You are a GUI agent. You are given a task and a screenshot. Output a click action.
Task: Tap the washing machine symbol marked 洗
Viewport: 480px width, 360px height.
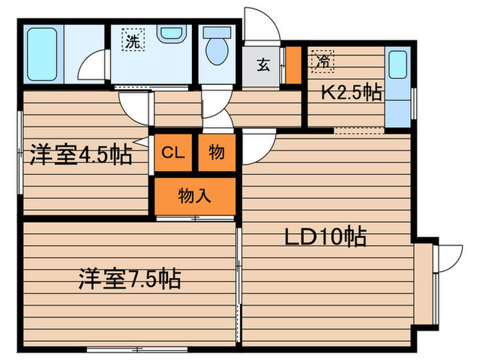point(133,40)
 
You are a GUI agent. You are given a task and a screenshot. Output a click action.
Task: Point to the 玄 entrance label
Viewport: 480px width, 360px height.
point(263,66)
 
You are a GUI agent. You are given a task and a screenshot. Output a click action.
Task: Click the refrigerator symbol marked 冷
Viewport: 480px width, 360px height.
point(322,61)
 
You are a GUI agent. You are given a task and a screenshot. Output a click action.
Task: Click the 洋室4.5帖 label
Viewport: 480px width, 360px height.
point(80,155)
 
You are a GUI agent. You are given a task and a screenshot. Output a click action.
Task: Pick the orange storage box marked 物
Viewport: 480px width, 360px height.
point(217,152)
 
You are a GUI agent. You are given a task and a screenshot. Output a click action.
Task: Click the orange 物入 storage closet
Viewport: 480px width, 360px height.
point(195,195)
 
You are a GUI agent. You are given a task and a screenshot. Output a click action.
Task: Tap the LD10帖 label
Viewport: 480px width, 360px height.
point(326,237)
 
